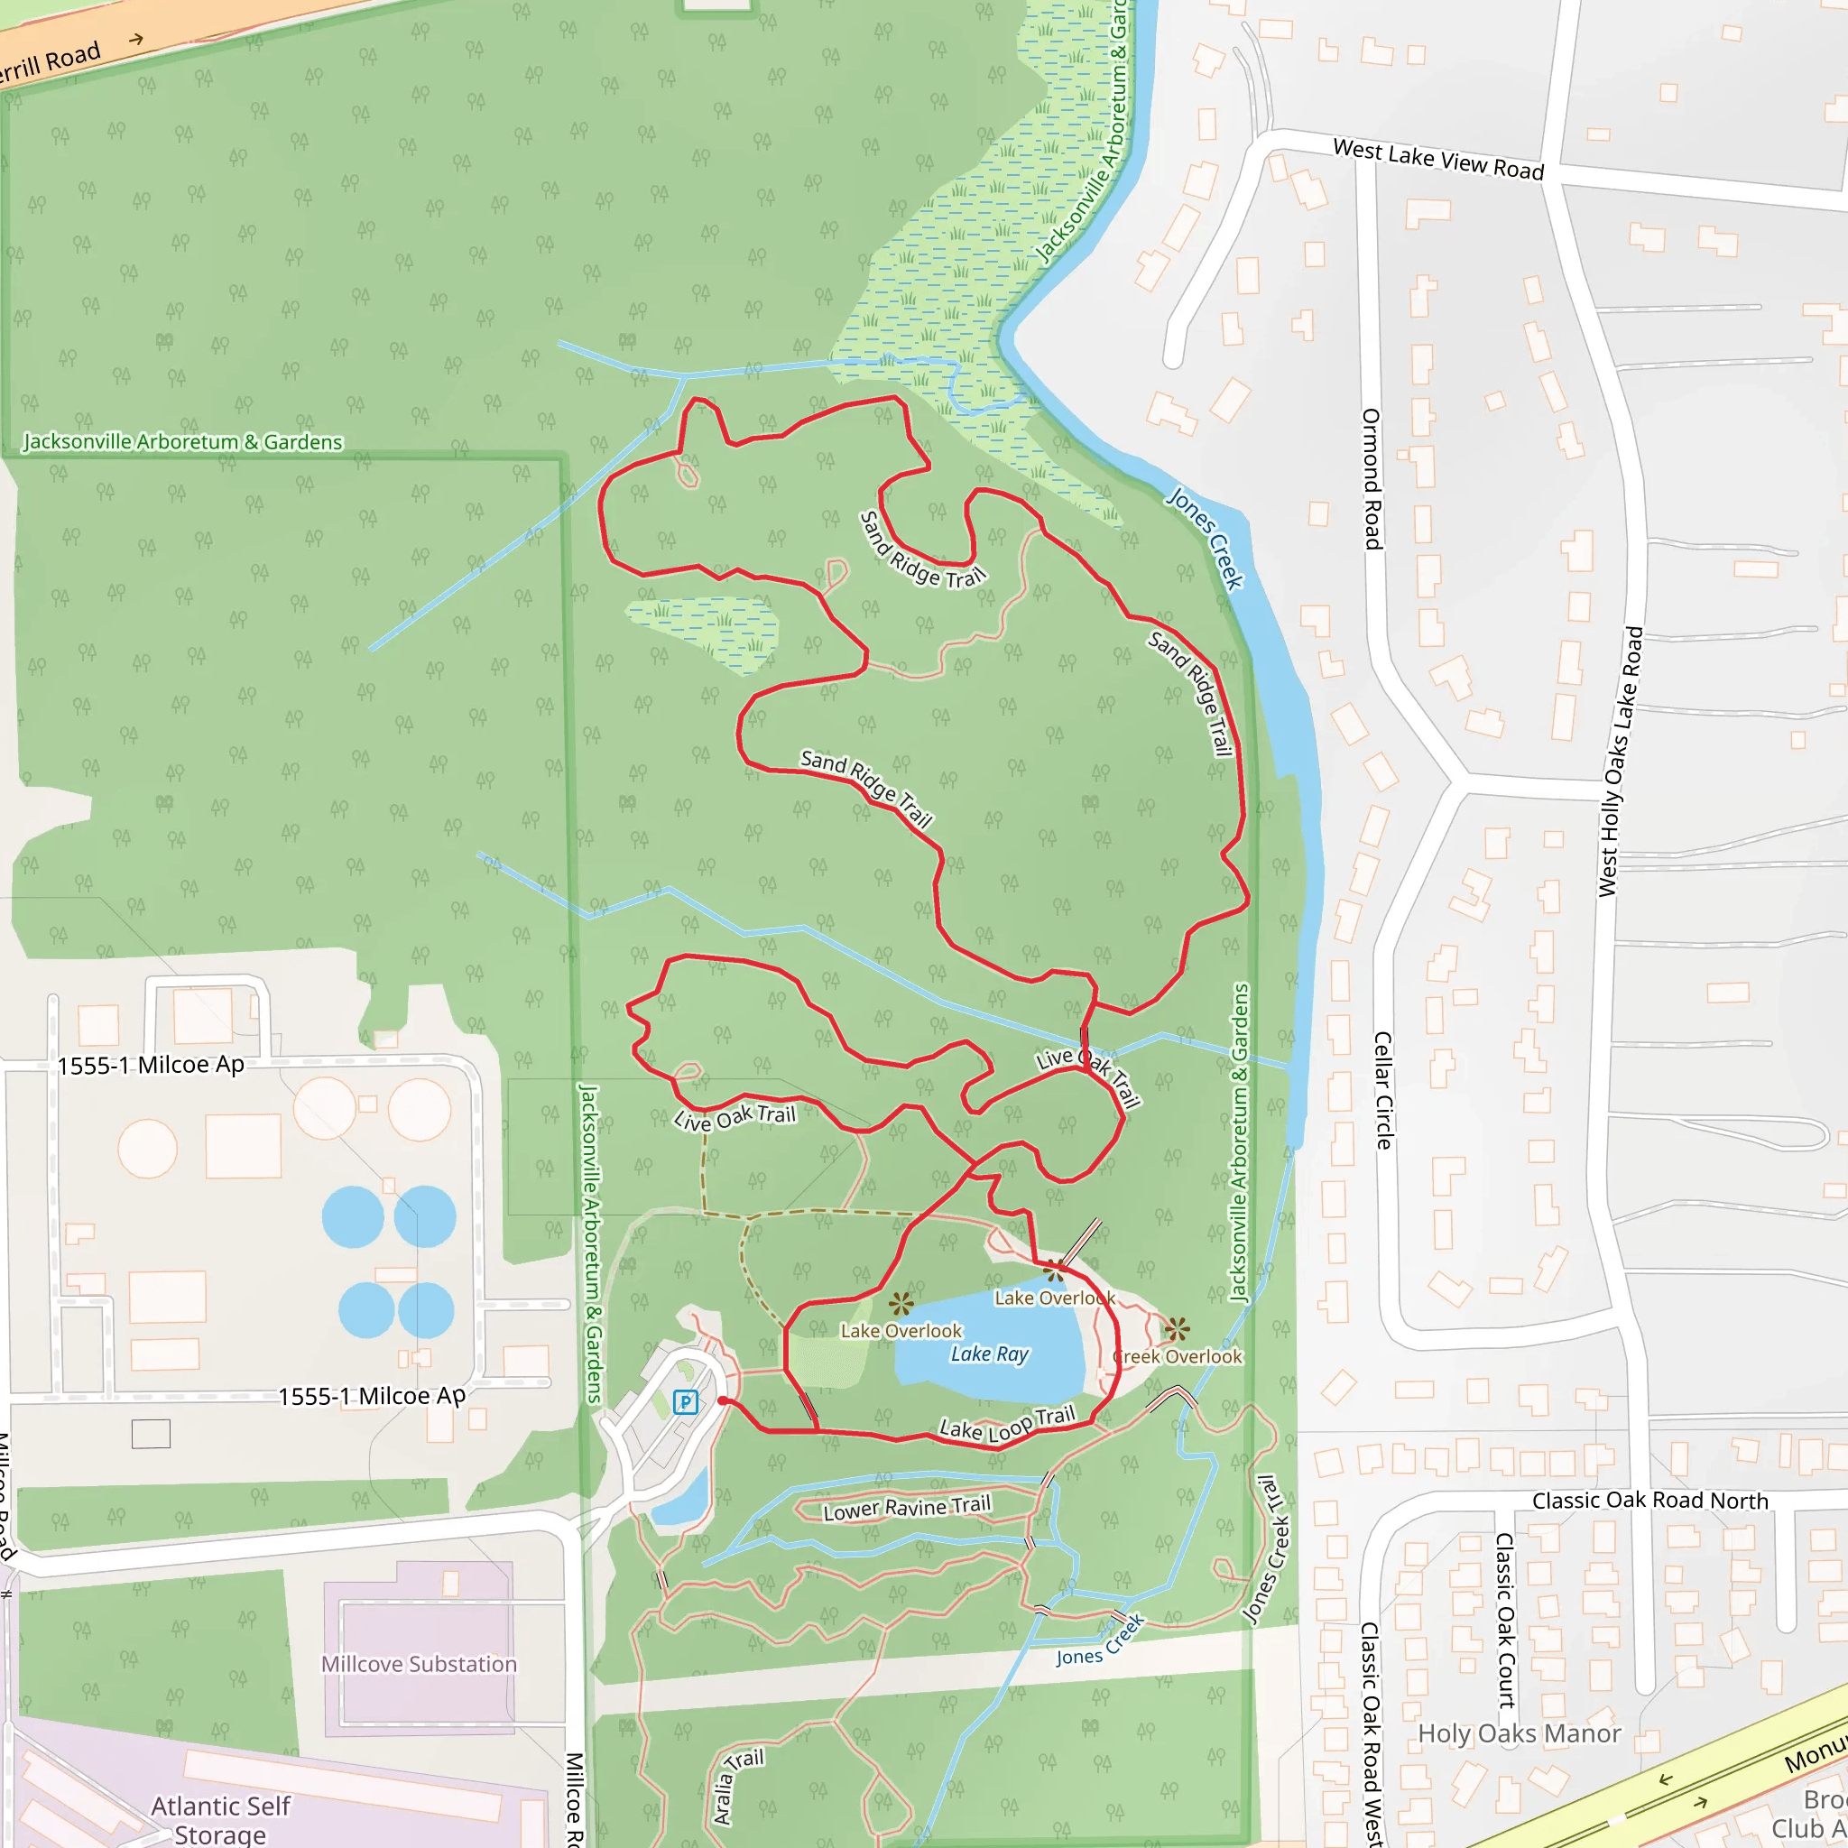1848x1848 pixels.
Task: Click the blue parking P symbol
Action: click(685, 1402)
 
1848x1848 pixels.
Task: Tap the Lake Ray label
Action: click(989, 1354)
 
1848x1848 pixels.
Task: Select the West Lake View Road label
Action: click(1437, 159)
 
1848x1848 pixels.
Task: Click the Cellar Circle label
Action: click(1383, 1089)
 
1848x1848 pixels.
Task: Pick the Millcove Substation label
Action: click(419, 1663)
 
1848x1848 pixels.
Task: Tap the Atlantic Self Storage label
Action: click(221, 1818)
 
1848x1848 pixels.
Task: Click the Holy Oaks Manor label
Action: click(1519, 1733)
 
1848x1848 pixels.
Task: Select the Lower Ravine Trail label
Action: click(907, 1509)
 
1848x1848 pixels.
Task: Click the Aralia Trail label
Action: click(737, 1785)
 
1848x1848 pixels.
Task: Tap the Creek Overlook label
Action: click(1178, 1356)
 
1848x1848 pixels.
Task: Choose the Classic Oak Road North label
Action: click(1650, 1500)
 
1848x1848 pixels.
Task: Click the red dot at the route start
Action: click(723, 1400)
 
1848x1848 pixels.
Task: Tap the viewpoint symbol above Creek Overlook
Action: click(1177, 1328)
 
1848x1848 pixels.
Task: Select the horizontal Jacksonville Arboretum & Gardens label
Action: click(182, 442)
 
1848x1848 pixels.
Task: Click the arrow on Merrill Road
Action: click(137, 39)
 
